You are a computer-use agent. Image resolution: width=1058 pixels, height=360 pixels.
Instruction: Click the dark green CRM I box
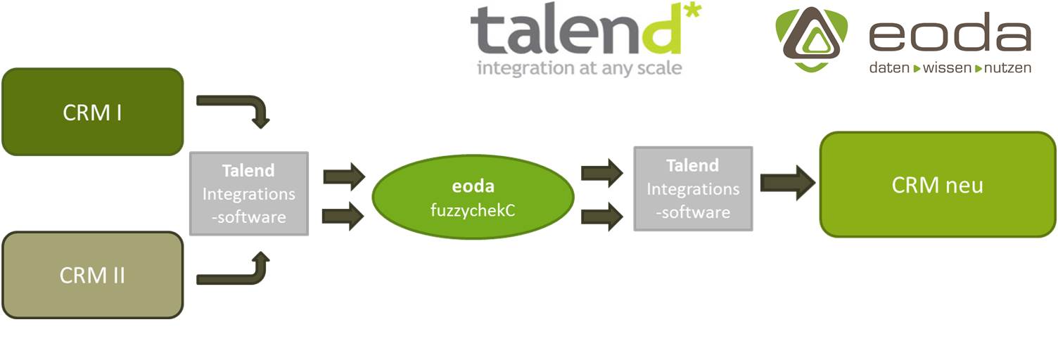(93, 112)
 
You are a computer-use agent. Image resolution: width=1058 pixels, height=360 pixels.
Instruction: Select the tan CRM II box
(93, 275)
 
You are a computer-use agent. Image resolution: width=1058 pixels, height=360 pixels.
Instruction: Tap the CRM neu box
(938, 184)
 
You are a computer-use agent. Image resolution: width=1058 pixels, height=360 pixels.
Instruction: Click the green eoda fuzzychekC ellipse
(473, 197)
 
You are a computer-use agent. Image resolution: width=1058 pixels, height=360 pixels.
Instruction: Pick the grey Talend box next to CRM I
(249, 193)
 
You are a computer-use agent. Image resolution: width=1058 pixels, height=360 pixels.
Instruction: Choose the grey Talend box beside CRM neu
(693, 188)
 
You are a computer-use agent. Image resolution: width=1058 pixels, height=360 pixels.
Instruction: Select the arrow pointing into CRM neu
(788, 183)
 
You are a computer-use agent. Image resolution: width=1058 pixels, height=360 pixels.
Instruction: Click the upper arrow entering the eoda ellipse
(344, 177)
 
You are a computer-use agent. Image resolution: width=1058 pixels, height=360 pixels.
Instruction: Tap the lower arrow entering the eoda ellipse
(343, 216)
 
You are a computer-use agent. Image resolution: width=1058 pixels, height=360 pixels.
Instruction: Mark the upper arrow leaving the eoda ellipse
(601, 173)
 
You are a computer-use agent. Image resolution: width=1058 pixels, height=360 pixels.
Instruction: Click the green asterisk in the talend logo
(693, 11)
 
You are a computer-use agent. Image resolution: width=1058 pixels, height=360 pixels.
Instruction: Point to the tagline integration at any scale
(580, 68)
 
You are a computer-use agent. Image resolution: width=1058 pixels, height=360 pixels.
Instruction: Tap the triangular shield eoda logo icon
(812, 39)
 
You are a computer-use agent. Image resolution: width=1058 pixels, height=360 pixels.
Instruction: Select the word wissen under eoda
(947, 68)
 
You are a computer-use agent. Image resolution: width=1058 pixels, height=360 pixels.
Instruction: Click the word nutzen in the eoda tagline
(1007, 68)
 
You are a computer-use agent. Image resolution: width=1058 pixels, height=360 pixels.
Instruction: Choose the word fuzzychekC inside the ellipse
(473, 210)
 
